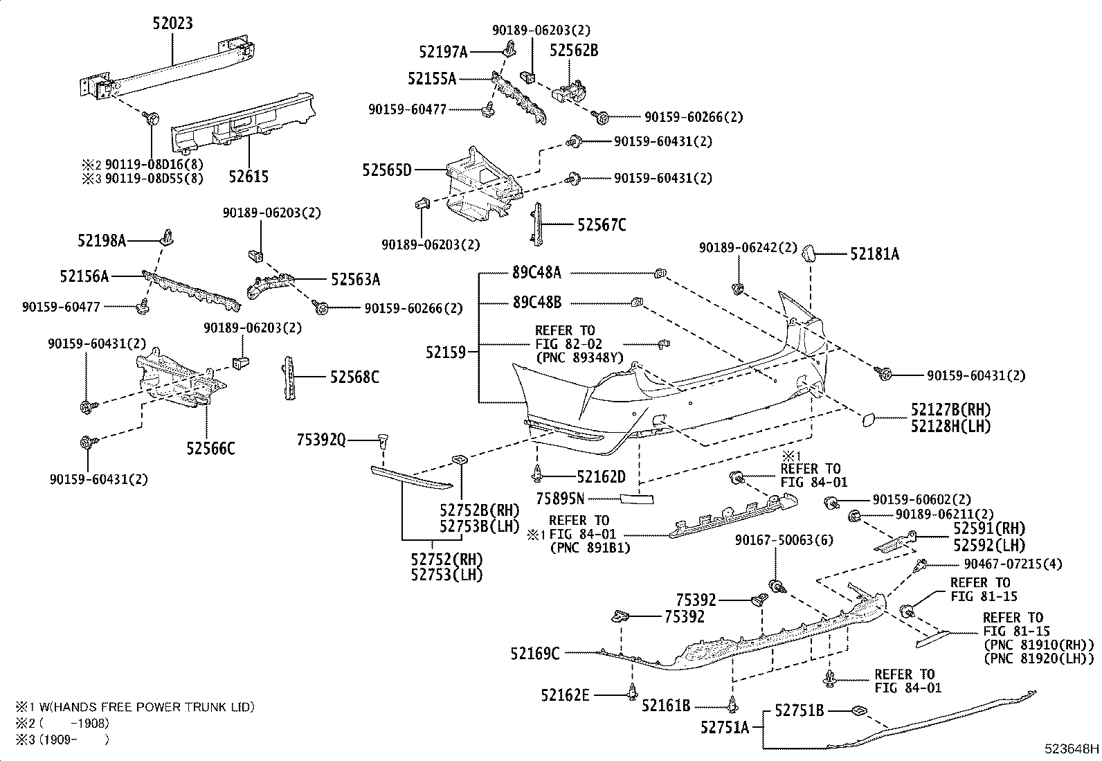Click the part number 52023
pyautogui.click(x=172, y=24)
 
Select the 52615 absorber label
pyautogui.click(x=249, y=177)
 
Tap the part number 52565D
pyautogui.click(x=386, y=170)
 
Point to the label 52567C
pyautogui.click(x=602, y=224)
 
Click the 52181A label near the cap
pyautogui.click(x=874, y=254)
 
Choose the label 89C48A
pyautogui.click(x=536, y=273)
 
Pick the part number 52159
pyautogui.click(x=446, y=352)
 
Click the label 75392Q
pyautogui.click(x=320, y=439)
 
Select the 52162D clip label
pyautogui.click(x=601, y=476)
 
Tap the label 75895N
pyautogui.click(x=561, y=498)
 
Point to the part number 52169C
pyautogui.click(x=535, y=653)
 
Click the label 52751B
pyautogui.click(x=799, y=710)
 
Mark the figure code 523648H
pyautogui.click(x=1072, y=749)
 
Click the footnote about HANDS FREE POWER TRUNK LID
pyautogui.click(x=135, y=707)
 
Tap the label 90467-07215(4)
pyautogui.click(x=1012, y=564)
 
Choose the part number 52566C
pyautogui.click(x=210, y=449)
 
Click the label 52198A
pyautogui.click(x=102, y=240)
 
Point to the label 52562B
pyautogui.click(x=574, y=50)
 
